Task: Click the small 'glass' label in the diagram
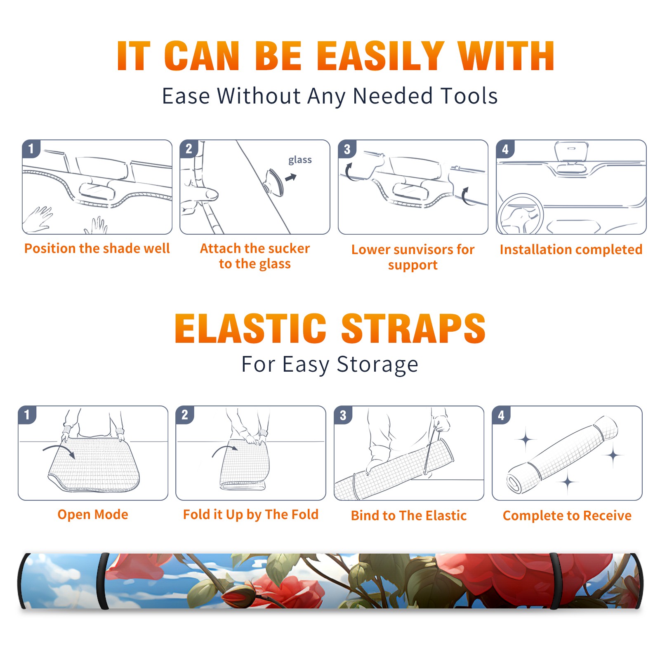[300, 160]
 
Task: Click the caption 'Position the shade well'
[97, 248]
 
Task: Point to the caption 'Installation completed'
[571, 250]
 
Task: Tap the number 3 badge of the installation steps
[347, 149]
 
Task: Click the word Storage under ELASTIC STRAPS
[377, 365]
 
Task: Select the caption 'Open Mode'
[93, 514]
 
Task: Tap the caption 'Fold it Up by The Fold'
[251, 515]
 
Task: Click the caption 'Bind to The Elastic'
[409, 516]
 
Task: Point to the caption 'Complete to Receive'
[567, 516]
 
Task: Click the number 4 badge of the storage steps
[501, 415]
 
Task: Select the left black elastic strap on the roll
[103, 581]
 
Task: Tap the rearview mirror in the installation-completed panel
[571, 151]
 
